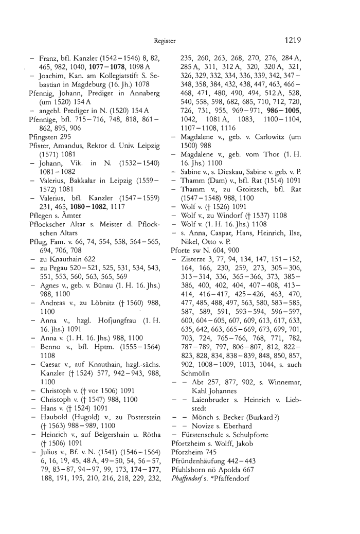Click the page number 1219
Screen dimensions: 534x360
(291, 39)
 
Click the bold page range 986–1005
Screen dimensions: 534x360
(282, 126)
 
